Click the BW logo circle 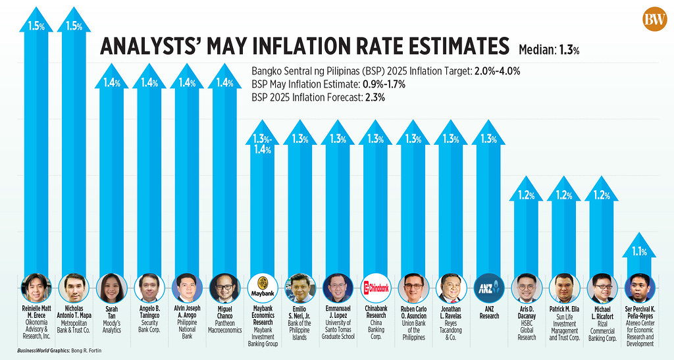(x=654, y=19)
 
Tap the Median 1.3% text (x=549, y=49)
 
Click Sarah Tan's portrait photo (x=111, y=288)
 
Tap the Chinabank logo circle (x=375, y=288)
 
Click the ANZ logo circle (x=488, y=288)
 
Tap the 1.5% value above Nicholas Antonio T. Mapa (x=73, y=26)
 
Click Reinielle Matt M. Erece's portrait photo (x=36, y=288)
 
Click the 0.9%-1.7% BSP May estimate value (x=382, y=84)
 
